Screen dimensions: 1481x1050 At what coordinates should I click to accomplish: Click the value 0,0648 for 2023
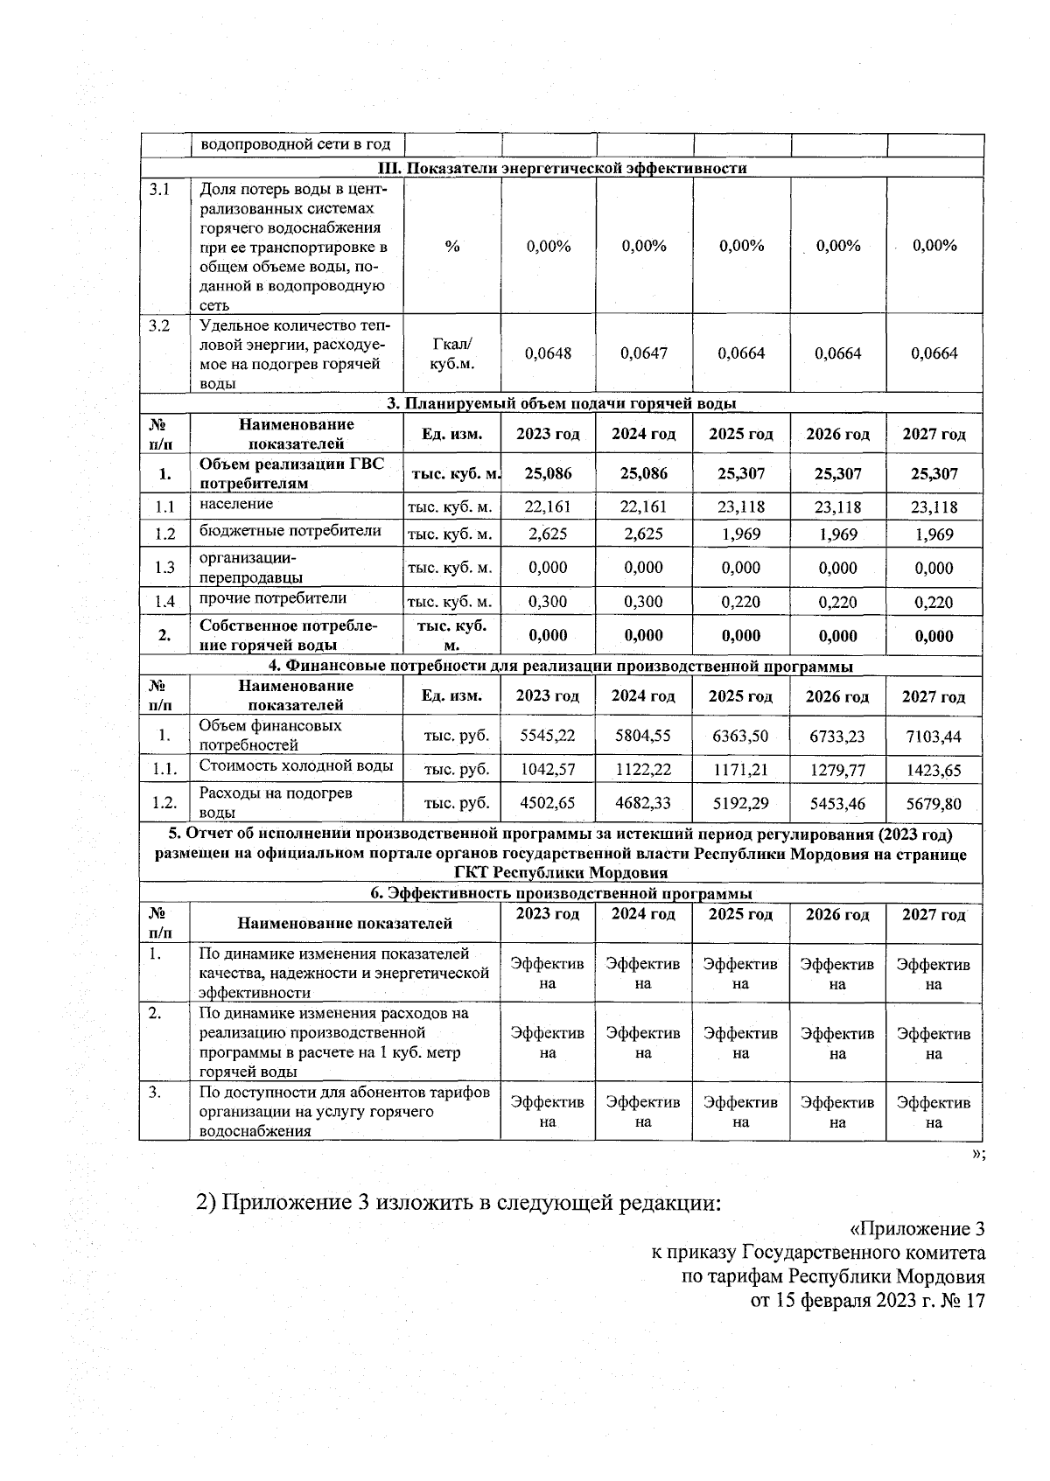tap(548, 353)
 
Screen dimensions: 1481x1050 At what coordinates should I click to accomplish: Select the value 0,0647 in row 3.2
tap(644, 353)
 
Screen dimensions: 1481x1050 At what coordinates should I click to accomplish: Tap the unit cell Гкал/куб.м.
tap(452, 353)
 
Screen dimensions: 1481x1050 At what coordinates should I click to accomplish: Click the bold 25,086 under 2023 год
tap(548, 474)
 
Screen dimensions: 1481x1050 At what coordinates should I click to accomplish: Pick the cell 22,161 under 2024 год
tap(644, 506)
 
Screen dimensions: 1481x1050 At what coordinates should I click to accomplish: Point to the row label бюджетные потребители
tap(290, 531)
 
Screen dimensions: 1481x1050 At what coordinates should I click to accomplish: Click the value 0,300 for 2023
tap(548, 602)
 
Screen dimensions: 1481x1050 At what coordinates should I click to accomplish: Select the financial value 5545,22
tap(548, 736)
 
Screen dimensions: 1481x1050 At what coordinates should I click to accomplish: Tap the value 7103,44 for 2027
tap(934, 737)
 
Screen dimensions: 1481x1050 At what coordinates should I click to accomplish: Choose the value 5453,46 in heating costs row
tap(837, 803)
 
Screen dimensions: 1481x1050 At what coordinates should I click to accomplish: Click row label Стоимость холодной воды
tap(296, 766)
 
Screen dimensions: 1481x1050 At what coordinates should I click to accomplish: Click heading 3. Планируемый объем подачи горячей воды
tap(562, 403)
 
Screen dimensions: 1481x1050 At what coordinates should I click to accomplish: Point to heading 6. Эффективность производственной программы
tap(561, 894)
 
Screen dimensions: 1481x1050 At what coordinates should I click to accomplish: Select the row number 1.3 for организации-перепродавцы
tap(164, 568)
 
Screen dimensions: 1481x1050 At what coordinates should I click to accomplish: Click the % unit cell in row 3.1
tap(452, 247)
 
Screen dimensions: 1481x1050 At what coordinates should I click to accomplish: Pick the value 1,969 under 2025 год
tap(740, 534)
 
